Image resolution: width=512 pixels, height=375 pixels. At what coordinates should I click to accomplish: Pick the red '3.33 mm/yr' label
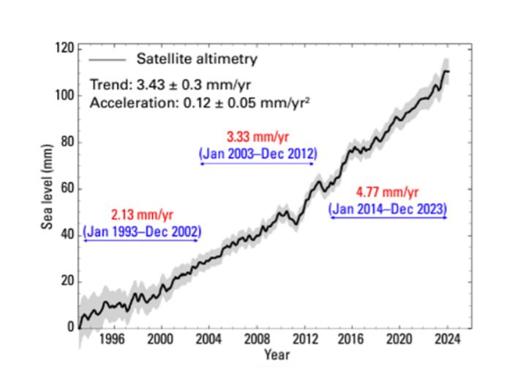tap(257, 138)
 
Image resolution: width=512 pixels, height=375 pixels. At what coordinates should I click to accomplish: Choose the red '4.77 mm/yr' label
tap(388, 193)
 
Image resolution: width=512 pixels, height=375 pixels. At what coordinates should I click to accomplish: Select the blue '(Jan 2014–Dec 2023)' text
tap(388, 209)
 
